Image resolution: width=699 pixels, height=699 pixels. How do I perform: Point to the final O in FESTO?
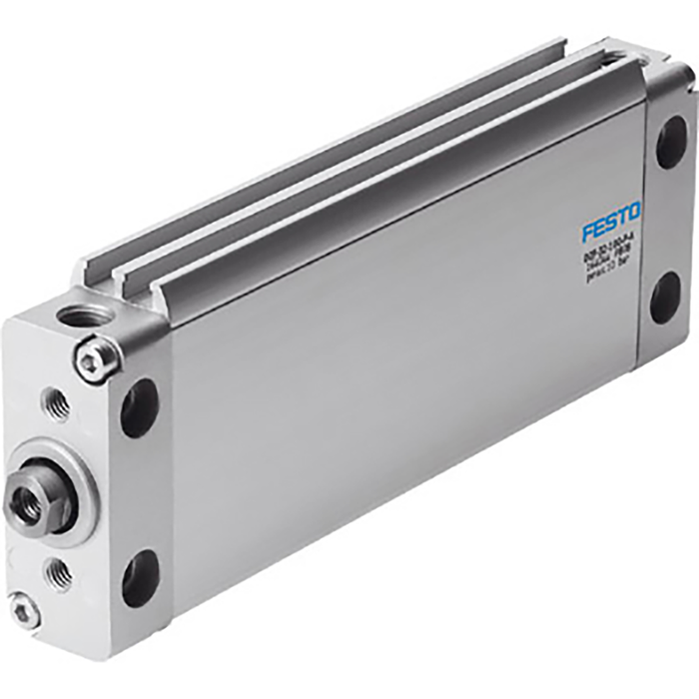point(634,212)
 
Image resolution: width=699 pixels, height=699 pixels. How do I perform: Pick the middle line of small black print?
point(608,261)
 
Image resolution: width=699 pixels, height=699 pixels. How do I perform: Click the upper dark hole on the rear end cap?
point(671,142)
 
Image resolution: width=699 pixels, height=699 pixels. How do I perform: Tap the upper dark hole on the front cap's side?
point(140,407)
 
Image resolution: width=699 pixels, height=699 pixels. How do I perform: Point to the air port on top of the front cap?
point(87,317)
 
